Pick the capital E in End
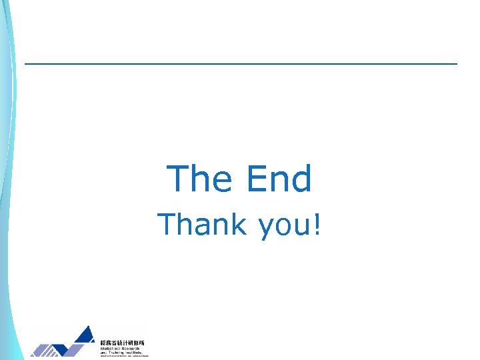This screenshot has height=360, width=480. (257, 179)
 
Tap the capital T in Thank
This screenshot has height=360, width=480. (167, 225)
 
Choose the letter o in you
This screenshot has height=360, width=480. (285, 227)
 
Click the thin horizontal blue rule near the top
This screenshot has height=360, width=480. (240, 64)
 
